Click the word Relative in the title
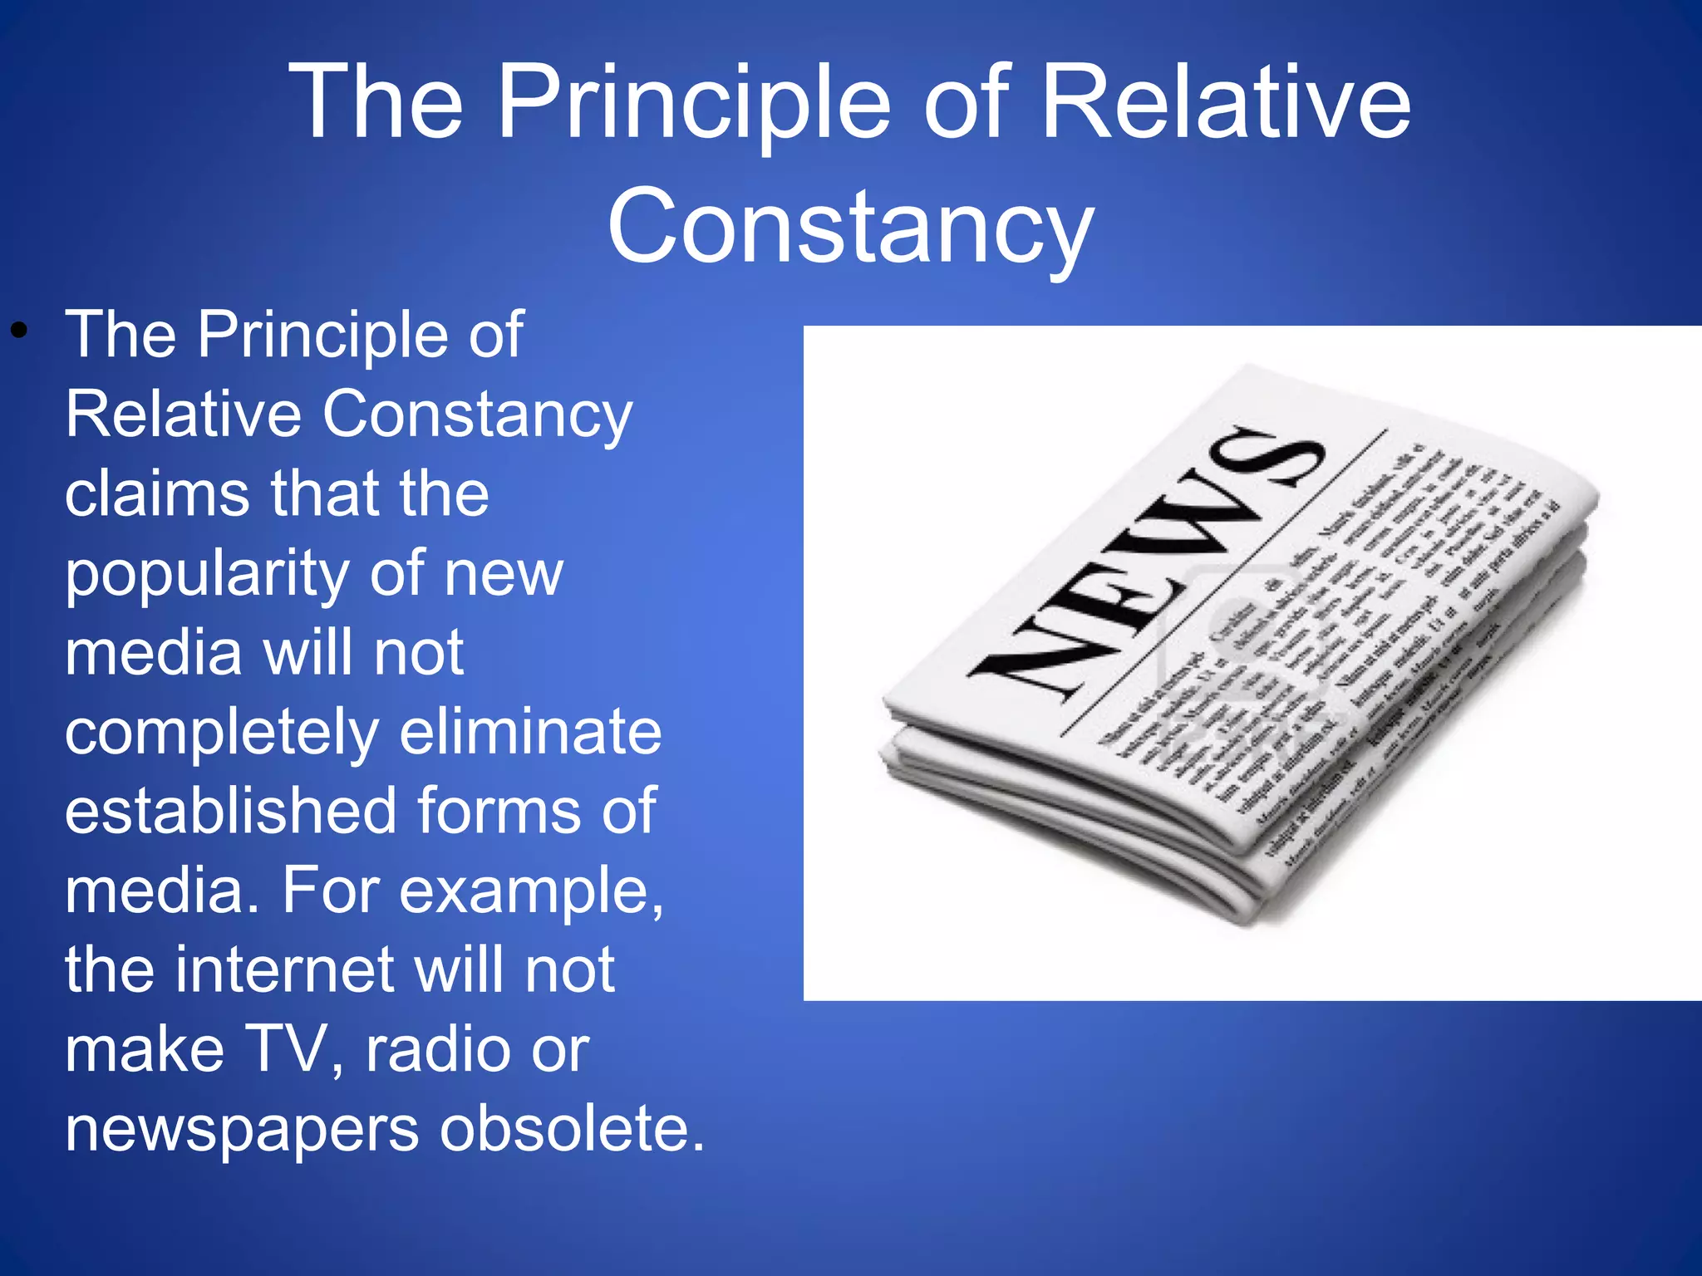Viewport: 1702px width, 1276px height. (1225, 104)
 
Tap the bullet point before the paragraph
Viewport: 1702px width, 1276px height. (18, 333)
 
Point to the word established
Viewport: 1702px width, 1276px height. (230, 811)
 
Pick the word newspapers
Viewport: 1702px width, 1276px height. (242, 1130)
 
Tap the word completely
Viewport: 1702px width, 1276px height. (221, 734)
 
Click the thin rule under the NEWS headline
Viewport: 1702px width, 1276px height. (1222, 582)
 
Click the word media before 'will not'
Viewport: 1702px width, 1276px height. (153, 652)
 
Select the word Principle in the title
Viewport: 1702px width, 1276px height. (695, 104)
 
